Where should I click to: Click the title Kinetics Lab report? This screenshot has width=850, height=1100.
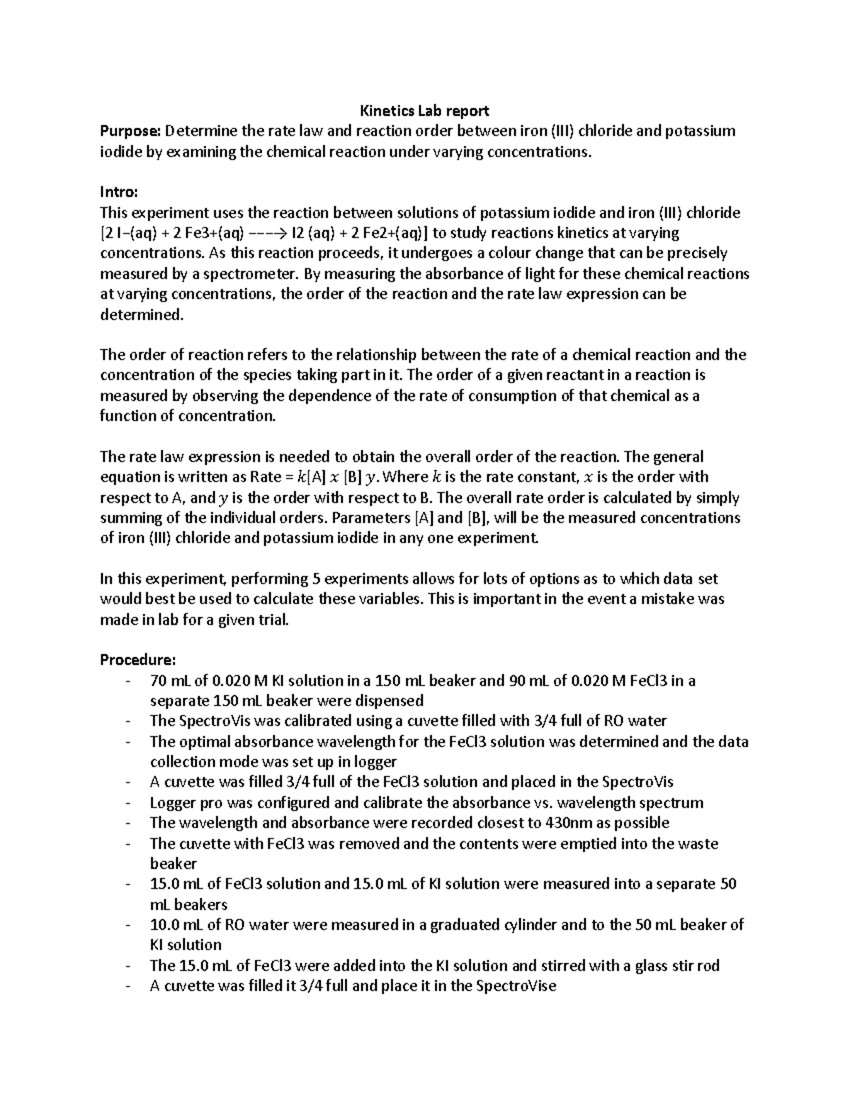[x=424, y=110]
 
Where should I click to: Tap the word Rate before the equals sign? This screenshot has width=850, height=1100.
[x=257, y=477]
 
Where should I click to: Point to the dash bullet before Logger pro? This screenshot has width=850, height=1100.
[x=127, y=803]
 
